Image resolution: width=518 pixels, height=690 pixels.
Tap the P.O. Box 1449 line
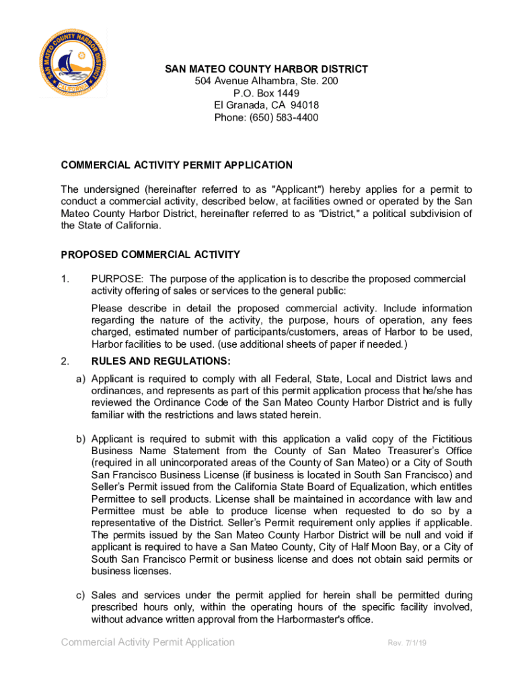tap(266, 93)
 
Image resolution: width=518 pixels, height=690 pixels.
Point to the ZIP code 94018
tap(305, 105)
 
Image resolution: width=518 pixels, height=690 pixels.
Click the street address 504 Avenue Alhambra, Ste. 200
tap(266, 81)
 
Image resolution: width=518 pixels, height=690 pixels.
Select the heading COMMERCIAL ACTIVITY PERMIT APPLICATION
tap(177, 165)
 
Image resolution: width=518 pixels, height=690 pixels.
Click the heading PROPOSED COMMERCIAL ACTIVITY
tap(151, 255)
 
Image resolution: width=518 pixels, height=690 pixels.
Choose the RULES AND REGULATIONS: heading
tap(161, 361)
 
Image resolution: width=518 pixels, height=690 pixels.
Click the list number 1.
tap(65, 279)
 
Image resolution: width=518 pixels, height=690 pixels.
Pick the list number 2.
tap(65, 361)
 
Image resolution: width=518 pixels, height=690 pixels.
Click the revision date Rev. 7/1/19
tap(408, 643)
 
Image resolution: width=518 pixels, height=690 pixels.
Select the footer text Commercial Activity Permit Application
tap(148, 642)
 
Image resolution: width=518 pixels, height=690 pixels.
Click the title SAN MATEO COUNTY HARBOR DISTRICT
tap(267, 69)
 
